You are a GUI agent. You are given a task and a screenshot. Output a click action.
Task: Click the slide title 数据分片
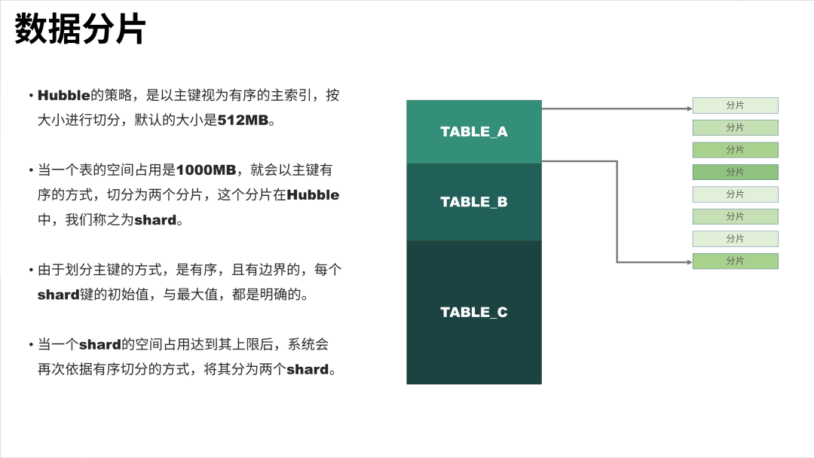pyautogui.click(x=81, y=31)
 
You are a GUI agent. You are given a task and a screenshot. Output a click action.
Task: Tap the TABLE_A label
pyautogui.click(x=474, y=132)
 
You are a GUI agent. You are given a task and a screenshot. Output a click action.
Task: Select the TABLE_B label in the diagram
pyautogui.click(x=474, y=202)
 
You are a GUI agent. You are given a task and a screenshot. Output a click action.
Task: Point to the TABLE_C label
pyautogui.click(x=474, y=312)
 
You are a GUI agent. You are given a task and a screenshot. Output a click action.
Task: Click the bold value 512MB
pyautogui.click(x=243, y=120)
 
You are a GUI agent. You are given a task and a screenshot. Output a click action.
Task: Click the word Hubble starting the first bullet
pyautogui.click(x=63, y=96)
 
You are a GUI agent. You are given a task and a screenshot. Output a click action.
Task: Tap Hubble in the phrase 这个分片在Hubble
pyautogui.click(x=314, y=195)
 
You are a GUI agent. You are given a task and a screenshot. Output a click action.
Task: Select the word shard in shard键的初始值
pyautogui.click(x=59, y=295)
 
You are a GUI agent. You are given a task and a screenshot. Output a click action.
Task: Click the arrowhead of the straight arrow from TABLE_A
pyautogui.click(x=689, y=108)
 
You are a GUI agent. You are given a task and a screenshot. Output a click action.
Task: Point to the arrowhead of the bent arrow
pyautogui.click(x=689, y=262)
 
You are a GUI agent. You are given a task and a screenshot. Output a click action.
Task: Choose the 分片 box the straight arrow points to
pyautogui.click(x=735, y=105)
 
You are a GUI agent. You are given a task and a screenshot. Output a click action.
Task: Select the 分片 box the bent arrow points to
pyautogui.click(x=735, y=261)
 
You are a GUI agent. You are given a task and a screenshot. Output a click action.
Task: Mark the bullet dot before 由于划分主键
pyautogui.click(x=31, y=270)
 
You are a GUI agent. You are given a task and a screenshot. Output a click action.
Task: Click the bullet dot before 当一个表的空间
pyautogui.click(x=31, y=171)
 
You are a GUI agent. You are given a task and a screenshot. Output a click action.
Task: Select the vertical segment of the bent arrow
pyautogui.click(x=617, y=211)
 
